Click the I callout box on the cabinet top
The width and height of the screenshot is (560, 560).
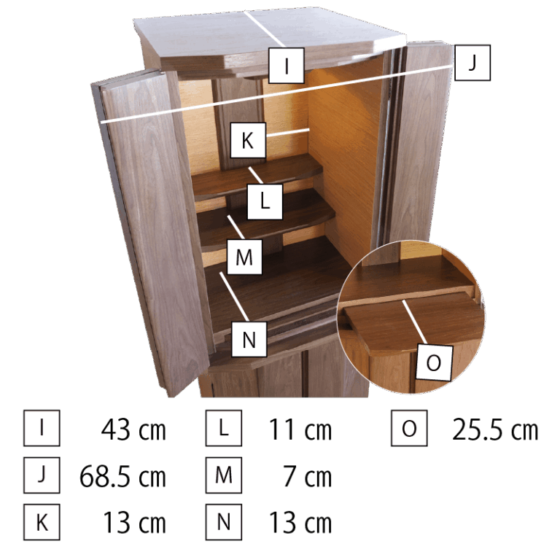point(287,66)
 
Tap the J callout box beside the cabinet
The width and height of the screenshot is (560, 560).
point(472,63)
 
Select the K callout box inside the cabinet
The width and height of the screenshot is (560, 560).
point(248,140)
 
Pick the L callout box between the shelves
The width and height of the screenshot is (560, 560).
point(265,202)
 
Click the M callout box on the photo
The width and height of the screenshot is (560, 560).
point(245,257)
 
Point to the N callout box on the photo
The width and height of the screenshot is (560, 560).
point(249,339)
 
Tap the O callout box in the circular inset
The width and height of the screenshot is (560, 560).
point(434,362)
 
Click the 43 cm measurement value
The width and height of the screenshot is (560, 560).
point(133,429)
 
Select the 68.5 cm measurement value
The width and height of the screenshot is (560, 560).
point(122,476)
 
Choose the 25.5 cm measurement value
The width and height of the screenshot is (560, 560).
point(495,429)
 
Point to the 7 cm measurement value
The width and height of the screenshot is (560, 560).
point(308,476)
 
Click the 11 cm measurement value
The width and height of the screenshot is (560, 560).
point(300,429)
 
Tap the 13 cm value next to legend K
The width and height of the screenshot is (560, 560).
point(135,523)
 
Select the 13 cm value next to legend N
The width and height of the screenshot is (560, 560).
point(300,523)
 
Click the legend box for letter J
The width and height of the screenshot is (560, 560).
point(42,475)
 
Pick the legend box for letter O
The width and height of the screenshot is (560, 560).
point(409,428)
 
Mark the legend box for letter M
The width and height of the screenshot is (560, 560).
point(224,475)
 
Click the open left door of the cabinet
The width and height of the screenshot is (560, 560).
point(150,228)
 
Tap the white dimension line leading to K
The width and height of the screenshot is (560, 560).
point(287,132)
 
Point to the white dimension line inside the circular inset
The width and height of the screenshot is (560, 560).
point(414,322)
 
